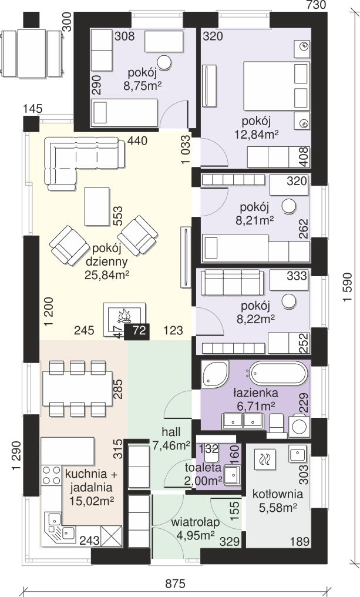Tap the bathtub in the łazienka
point(278,374)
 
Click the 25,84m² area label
point(105,275)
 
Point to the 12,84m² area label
point(258,135)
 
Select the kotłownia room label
point(278,494)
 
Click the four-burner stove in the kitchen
point(51,475)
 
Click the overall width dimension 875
point(175,584)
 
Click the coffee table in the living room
point(97,206)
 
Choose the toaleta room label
point(203,467)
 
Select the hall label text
point(171,432)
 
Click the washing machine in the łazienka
point(300,427)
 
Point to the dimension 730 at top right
point(316,5)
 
